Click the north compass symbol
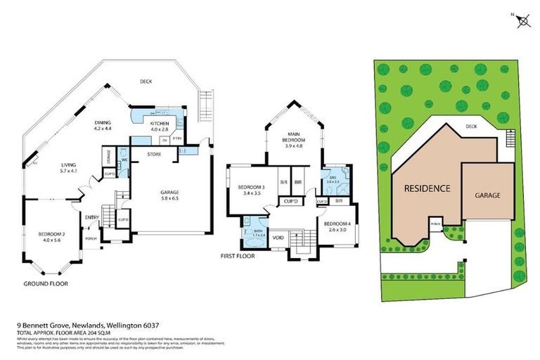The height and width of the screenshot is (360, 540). click(x=522, y=22)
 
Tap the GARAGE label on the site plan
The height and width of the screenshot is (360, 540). click(x=487, y=195)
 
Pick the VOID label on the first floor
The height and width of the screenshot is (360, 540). click(x=278, y=237)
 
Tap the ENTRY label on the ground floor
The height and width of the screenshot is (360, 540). click(x=92, y=217)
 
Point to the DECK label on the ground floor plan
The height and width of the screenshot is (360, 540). click(x=146, y=82)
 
